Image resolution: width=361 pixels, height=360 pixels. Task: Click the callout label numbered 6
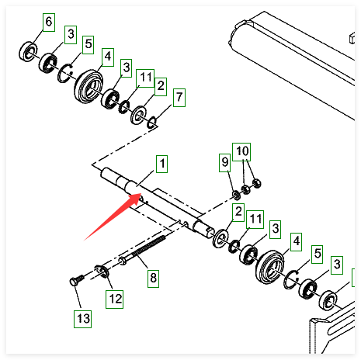click(49, 22)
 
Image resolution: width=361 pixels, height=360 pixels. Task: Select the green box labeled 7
click(179, 98)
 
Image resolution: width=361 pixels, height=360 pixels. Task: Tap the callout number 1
click(161, 164)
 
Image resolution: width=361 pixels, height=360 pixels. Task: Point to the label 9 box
click(224, 163)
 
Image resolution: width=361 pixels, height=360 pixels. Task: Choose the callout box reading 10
click(241, 152)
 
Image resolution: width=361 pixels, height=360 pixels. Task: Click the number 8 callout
click(153, 279)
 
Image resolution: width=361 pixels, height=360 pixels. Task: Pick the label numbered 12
click(114, 299)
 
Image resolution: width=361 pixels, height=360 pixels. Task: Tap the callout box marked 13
click(82, 319)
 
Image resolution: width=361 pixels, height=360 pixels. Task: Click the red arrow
click(113, 216)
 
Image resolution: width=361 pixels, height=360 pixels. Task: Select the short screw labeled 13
click(77, 281)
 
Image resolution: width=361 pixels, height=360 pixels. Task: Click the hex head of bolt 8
click(123, 261)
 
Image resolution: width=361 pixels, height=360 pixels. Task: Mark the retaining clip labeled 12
click(102, 272)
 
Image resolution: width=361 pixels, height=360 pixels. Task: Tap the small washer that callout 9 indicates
click(236, 195)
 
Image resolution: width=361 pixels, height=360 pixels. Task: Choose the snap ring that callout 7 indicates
click(152, 122)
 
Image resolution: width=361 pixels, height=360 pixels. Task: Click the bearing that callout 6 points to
click(28, 51)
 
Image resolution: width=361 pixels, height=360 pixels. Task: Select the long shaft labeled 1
click(158, 202)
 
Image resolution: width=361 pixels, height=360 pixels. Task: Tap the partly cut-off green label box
click(353, 278)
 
